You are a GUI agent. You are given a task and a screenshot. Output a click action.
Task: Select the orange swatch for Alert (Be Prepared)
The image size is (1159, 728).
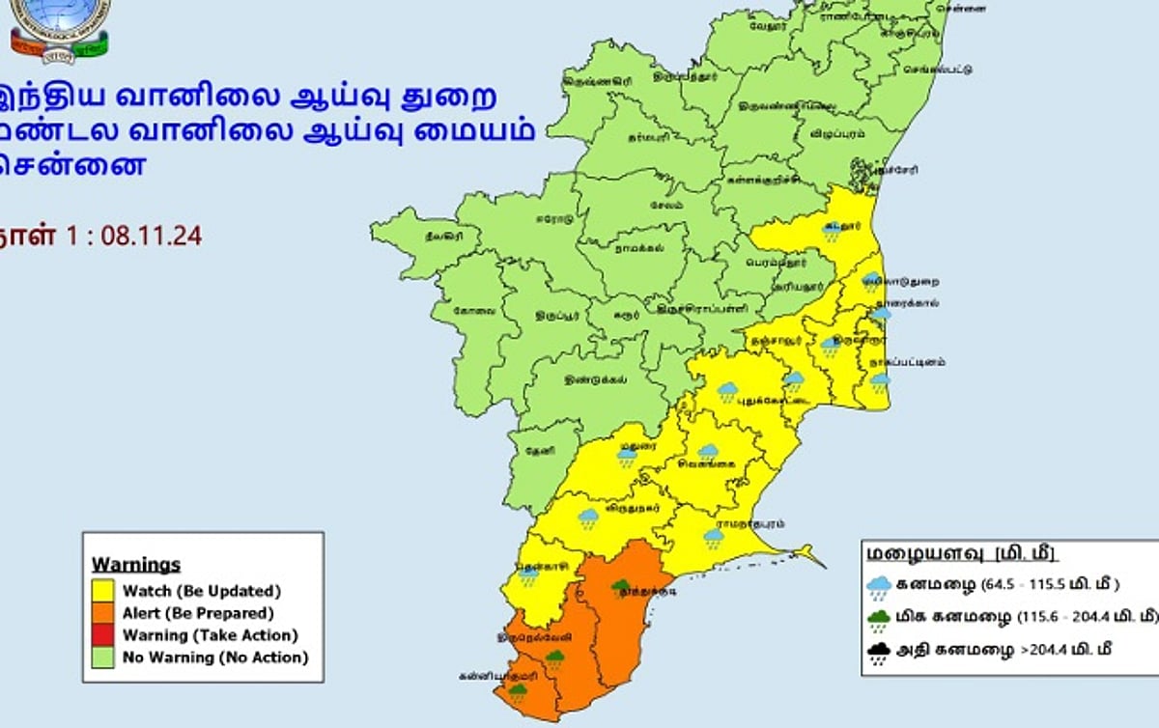103,613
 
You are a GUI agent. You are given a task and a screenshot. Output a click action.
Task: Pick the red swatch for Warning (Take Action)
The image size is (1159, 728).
103,635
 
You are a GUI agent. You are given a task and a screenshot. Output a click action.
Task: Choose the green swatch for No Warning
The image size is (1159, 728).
103,658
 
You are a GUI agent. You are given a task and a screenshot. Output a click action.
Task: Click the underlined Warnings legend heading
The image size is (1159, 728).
136,565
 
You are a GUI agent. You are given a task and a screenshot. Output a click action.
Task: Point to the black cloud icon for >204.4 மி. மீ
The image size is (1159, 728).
878,654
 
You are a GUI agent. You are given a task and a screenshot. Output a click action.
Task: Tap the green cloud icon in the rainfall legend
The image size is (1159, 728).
878,619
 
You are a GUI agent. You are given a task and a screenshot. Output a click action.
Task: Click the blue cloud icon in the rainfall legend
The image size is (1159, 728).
878,585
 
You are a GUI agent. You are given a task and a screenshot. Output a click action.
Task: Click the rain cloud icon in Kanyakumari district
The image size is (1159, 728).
518,691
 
